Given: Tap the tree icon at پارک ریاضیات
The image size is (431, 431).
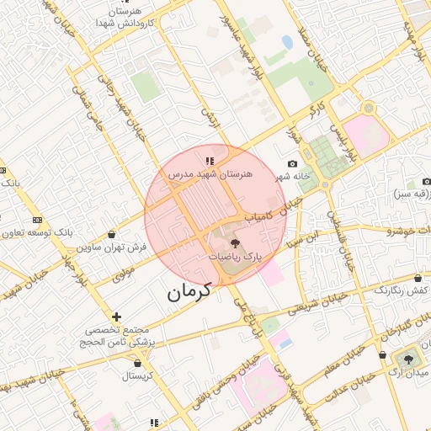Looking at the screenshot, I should (x=234, y=243).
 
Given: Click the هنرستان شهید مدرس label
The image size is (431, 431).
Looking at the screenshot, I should (x=210, y=173).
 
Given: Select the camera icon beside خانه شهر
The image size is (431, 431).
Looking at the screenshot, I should (x=292, y=163).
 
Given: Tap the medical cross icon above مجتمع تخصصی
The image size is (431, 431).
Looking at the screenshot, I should (x=116, y=317).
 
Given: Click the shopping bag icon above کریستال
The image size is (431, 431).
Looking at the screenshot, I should (x=137, y=363).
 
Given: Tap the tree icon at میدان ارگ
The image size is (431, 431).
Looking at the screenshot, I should (x=408, y=359).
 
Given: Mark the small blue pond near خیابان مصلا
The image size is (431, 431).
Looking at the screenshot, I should (x=287, y=42).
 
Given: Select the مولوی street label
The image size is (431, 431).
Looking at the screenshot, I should (x=123, y=271).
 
